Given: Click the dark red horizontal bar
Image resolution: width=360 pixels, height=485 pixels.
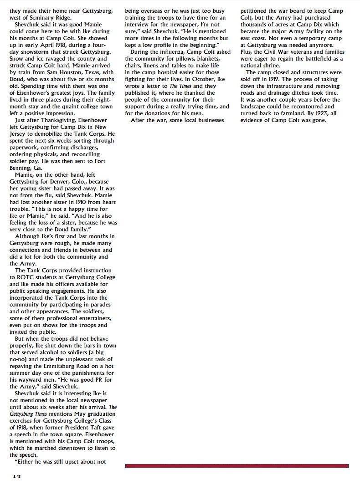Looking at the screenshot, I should tap(237, 466).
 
